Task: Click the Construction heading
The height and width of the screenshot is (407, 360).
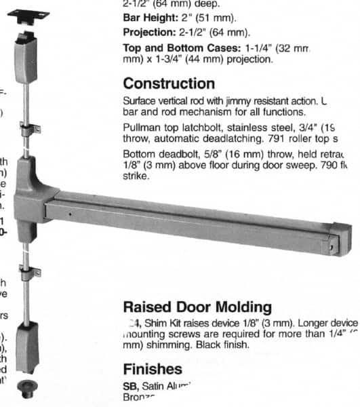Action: click(168, 84)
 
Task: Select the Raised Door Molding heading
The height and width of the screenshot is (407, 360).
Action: click(197, 308)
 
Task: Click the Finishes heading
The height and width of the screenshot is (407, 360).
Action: click(153, 369)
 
